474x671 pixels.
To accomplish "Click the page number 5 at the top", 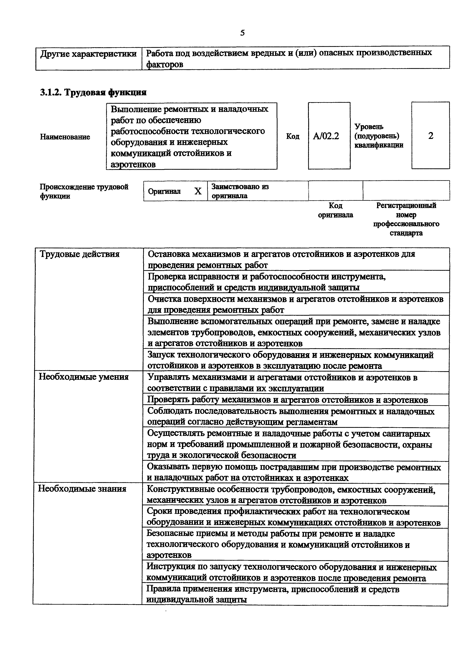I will coord(242,33).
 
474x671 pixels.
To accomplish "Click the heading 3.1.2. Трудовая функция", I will coord(93,92).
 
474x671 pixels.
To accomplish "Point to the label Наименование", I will coord(65,137).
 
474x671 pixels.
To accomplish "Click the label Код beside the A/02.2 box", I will coord(292,136).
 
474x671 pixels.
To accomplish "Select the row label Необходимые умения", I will coord(84,377).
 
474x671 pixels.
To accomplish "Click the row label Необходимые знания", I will coord(82,489).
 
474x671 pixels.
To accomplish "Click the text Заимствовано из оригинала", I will coord(240,191).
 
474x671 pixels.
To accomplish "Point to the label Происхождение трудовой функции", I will coord(84,191).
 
